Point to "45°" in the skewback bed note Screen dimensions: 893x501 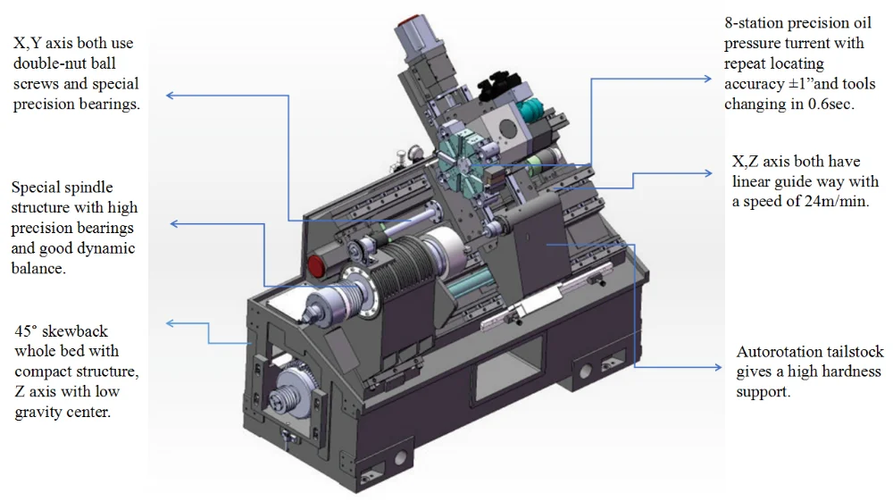26,331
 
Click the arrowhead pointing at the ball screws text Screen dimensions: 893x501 170,95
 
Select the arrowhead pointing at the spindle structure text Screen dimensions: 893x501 174,224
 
